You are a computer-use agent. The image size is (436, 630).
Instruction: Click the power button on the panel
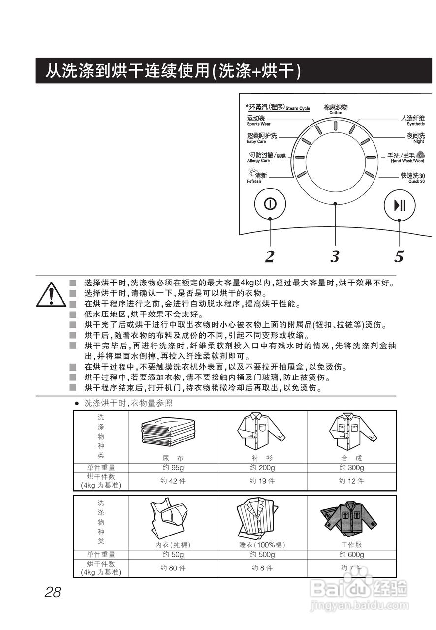coord(270,204)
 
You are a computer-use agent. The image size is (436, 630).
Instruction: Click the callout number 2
coord(269,256)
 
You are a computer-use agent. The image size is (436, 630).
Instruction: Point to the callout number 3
coord(335,256)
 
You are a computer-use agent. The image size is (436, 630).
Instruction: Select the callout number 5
coord(399,256)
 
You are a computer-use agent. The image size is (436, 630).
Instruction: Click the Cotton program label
coord(336,109)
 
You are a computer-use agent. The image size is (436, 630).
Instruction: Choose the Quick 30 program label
coord(412,178)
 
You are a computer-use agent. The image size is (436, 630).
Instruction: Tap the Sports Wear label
coord(258,121)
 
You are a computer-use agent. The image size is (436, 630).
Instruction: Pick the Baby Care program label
coord(261,138)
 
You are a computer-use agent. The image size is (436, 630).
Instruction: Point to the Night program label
coord(415,138)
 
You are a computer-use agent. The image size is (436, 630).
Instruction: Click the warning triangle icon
coord(51,294)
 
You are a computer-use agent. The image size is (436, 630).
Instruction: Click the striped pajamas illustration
coord(259,518)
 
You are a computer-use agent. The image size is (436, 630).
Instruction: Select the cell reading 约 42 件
coord(173,481)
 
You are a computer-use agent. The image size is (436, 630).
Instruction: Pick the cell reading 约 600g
coord(351,555)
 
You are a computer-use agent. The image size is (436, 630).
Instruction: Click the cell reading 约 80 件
coord(173,568)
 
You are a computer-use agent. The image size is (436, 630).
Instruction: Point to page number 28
coord(53,592)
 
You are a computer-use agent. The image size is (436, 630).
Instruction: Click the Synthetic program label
coord(412,121)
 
